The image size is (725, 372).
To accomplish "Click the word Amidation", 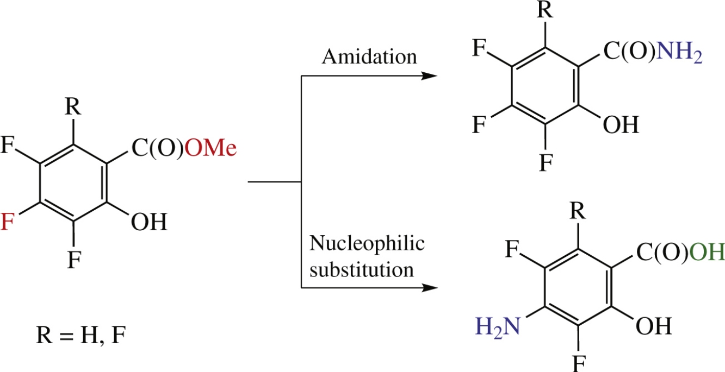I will [x=369, y=56].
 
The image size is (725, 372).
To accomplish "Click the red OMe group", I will [x=210, y=148].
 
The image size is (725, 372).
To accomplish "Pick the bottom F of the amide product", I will [x=545, y=163].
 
